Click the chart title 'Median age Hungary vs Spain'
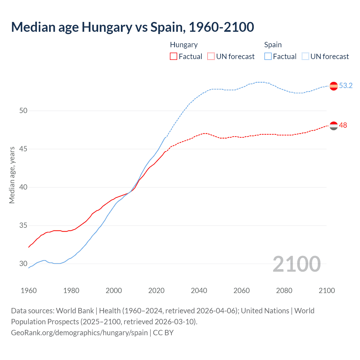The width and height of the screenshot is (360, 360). (x=132, y=27)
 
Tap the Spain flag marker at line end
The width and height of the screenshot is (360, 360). (x=334, y=86)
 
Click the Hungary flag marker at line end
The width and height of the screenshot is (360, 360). (x=334, y=126)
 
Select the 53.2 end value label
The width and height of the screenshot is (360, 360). (x=346, y=86)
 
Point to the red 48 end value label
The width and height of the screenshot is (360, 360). (x=343, y=125)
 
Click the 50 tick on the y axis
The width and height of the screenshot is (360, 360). (x=23, y=111)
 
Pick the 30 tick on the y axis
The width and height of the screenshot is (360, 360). (x=23, y=264)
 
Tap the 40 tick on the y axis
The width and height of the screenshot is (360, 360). (x=23, y=187)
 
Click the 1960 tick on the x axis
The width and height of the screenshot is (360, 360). (x=29, y=291)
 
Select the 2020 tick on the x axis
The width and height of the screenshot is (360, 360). (x=156, y=291)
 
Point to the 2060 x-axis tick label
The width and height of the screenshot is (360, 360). (x=242, y=291)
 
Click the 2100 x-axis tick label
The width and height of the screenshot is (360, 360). (x=327, y=291)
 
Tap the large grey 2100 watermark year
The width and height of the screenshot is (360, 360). (x=296, y=264)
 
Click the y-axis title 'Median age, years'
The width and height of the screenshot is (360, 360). (x=12, y=175)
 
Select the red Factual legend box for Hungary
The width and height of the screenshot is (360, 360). (x=174, y=57)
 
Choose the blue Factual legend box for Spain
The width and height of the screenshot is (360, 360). (x=268, y=57)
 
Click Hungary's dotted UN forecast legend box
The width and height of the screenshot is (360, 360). (x=211, y=57)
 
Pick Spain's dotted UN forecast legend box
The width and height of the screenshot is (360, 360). (x=305, y=57)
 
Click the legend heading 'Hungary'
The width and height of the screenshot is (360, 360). (x=184, y=45)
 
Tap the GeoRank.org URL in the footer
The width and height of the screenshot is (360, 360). (x=79, y=333)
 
